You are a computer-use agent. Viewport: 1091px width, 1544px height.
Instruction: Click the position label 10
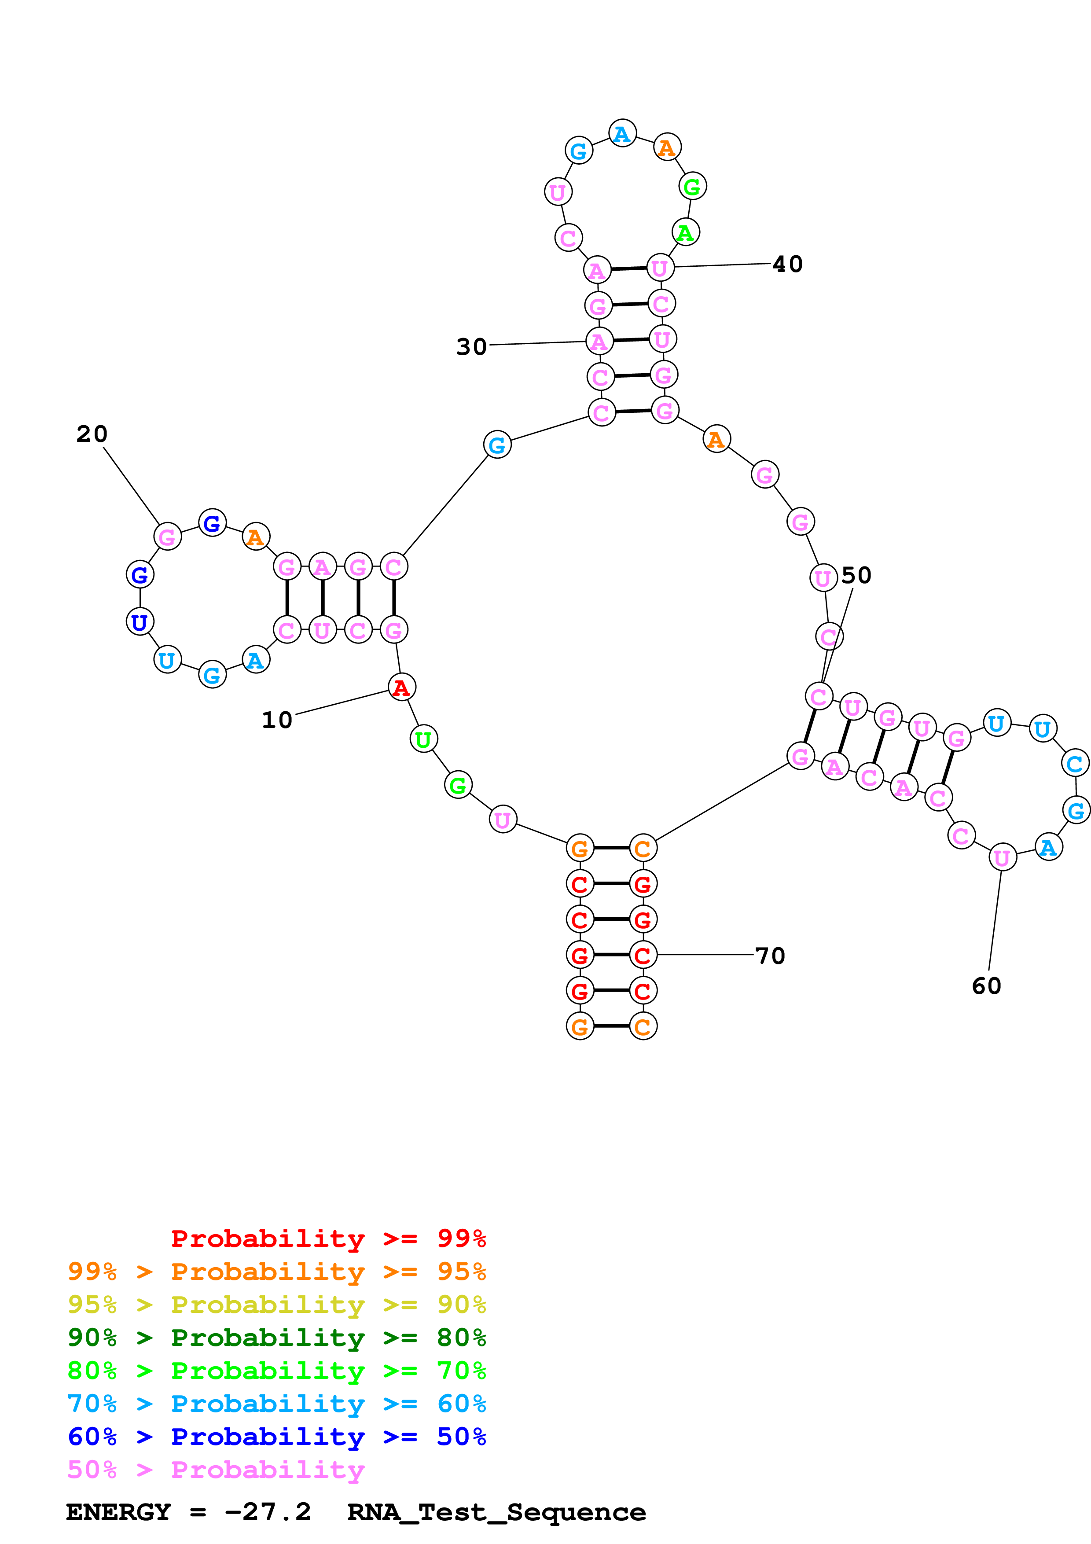coord(276,720)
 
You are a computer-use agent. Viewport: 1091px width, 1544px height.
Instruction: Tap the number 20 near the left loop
coord(92,434)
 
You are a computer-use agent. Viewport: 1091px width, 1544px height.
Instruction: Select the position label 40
coord(787,264)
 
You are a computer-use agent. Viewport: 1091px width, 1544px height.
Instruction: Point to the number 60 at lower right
coord(986,986)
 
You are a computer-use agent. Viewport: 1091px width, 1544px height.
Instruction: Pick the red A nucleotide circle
coord(401,687)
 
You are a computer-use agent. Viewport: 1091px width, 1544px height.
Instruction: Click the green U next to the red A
coord(423,739)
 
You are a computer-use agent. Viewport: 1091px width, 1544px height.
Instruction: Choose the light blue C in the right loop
coord(1074,763)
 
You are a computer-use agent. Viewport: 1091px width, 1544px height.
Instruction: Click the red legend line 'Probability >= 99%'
coord(328,1239)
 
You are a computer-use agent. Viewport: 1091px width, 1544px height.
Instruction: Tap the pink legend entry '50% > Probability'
coord(215,1470)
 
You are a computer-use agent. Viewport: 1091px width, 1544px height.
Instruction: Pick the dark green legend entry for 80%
coord(276,1338)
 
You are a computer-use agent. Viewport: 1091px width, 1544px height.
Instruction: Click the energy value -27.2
coord(268,1512)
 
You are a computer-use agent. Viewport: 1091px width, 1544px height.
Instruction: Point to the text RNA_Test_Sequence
coord(496,1512)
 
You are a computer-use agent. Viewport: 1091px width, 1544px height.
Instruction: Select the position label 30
coord(471,347)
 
